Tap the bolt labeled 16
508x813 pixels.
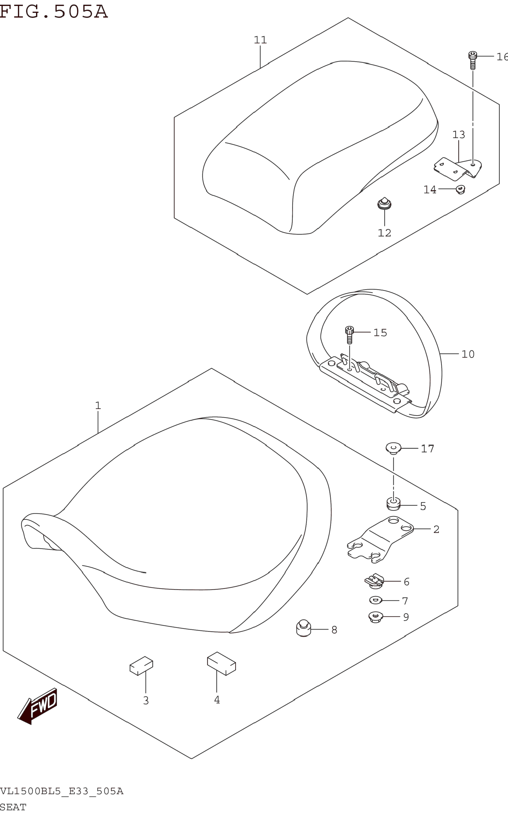point(472,60)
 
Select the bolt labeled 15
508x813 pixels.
point(349,334)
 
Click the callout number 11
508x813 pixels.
point(260,40)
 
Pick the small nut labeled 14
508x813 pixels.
point(460,190)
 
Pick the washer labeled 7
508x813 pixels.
point(375,600)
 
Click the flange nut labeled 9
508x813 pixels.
point(375,617)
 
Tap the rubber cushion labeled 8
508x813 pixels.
point(303,628)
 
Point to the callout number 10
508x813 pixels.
point(468,354)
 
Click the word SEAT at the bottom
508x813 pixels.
point(13,807)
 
